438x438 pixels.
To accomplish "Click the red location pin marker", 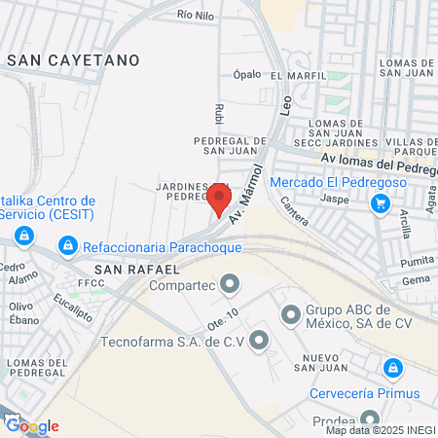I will tap(219, 200).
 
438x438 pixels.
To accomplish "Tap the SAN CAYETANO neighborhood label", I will tap(73, 60).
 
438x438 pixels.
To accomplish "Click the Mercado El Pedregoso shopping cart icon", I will tap(381, 203).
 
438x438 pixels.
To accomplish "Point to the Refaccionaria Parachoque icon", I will tap(67, 247).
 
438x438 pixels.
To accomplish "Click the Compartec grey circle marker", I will tap(230, 285).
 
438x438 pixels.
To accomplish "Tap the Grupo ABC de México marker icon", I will tap(289, 314).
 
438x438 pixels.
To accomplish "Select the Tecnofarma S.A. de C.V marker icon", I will tap(258, 341).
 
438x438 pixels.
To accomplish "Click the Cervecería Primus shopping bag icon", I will tap(392, 369).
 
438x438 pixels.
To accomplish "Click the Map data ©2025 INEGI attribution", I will tap(380, 430).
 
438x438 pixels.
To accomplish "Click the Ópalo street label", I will tap(247, 74).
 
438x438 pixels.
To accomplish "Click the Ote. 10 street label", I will tap(223, 317).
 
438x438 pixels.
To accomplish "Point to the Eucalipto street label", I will tap(73, 308).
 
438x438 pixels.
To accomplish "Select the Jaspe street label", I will tap(334, 199).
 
